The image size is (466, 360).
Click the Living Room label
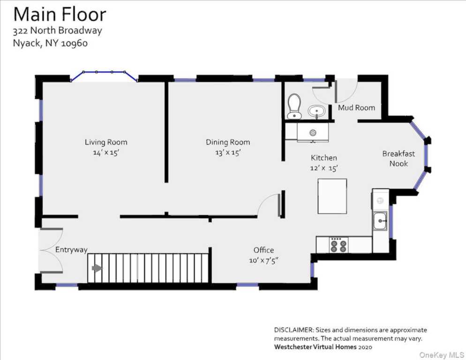[x=106, y=142]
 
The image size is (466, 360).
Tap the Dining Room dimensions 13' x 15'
[x=228, y=152]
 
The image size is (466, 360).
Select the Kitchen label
[x=324, y=157]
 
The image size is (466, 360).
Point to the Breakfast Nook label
[x=398, y=158]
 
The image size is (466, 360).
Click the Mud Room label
[x=356, y=108]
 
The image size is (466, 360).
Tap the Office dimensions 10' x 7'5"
[x=264, y=261]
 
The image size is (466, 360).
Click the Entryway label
[x=71, y=250]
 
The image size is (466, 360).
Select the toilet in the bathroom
[x=294, y=106]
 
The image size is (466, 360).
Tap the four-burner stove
[x=338, y=245]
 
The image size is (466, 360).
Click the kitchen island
[x=332, y=196]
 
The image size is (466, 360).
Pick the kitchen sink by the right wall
[x=380, y=221]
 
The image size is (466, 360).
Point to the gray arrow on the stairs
[x=97, y=268]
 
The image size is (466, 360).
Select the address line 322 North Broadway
[x=57, y=30]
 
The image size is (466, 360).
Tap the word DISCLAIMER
[x=293, y=330]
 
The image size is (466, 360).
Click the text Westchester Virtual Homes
[x=315, y=347]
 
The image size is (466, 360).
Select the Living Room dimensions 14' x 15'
[x=106, y=153]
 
